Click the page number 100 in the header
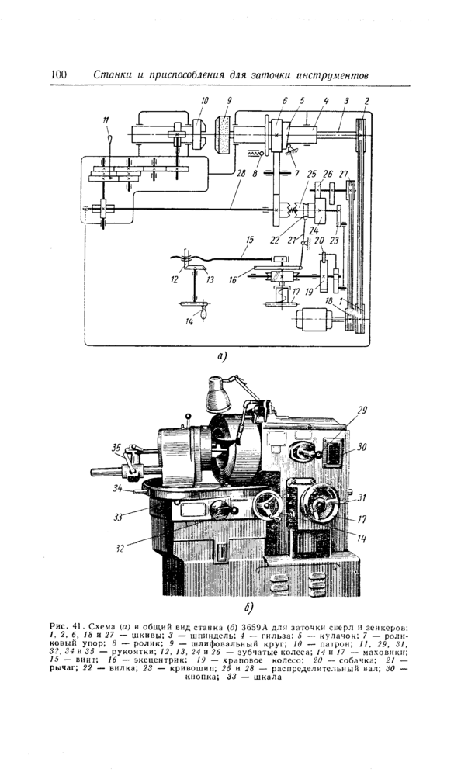pyautogui.click(x=59, y=74)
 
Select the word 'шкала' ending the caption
pyautogui.click(x=266, y=675)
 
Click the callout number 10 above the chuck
pyautogui.click(x=205, y=100)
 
